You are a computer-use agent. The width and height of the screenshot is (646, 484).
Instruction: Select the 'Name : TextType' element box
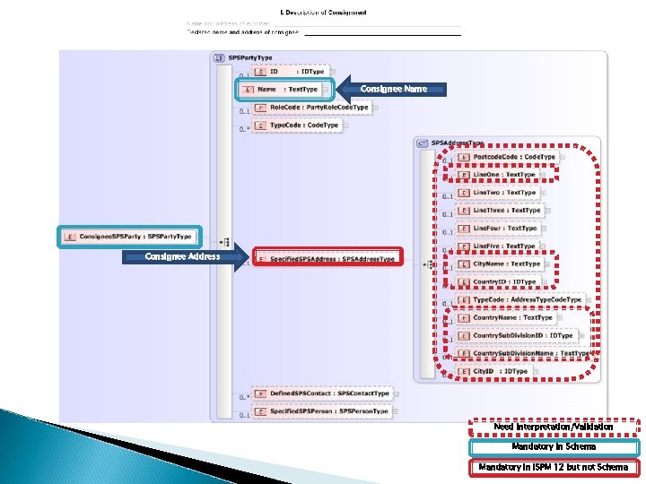[x=287, y=90]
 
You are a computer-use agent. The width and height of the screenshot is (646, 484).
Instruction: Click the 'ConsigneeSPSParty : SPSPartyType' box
[x=130, y=237]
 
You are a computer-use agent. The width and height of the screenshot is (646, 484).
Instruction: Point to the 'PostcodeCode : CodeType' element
[x=507, y=157]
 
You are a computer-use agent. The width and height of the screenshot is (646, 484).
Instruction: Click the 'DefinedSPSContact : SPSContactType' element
[x=323, y=393]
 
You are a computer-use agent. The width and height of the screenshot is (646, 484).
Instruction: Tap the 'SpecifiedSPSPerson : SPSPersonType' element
[x=323, y=411]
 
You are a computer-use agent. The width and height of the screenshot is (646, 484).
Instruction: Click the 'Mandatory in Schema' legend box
[x=554, y=446]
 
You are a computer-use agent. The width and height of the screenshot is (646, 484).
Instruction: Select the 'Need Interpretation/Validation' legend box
[x=554, y=427]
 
